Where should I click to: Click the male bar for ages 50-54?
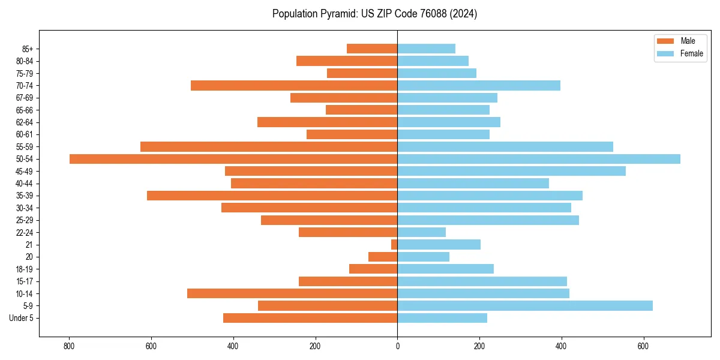pyautogui.click(x=233, y=159)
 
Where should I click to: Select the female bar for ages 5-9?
pyautogui.click(x=525, y=305)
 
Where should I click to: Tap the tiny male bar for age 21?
pyautogui.click(x=394, y=244)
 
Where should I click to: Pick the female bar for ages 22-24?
pyautogui.click(x=421, y=232)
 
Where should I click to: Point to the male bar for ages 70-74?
pyautogui.click(x=294, y=86)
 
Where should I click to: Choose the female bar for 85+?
pyautogui.click(x=426, y=49)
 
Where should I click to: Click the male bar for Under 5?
pyautogui.click(x=310, y=318)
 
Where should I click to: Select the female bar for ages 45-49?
pyautogui.click(x=511, y=171)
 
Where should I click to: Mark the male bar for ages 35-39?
pyautogui.click(x=272, y=196)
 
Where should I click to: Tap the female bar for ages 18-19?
pyautogui.click(x=445, y=269)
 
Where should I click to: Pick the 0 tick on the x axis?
pyautogui.click(x=397, y=346)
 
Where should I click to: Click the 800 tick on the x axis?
pyautogui.click(x=69, y=346)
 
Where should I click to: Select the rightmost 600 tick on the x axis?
pyautogui.click(x=643, y=346)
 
